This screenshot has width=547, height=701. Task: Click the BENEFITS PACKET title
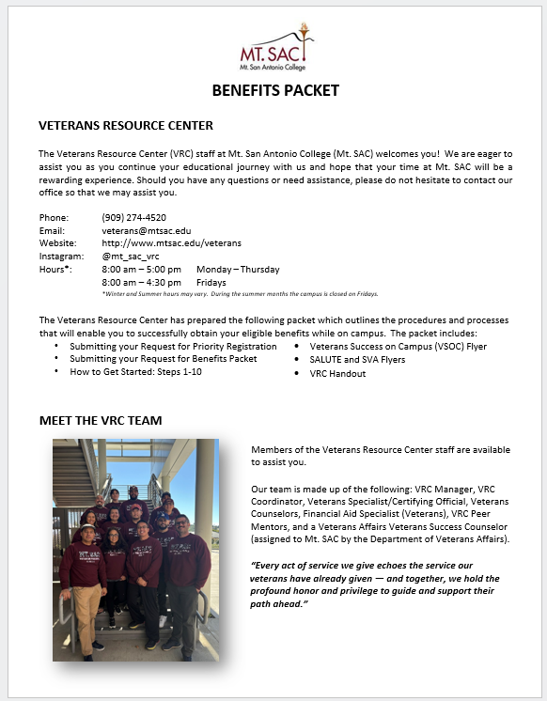tap(274, 91)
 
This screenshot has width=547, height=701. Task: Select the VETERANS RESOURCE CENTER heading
tap(126, 125)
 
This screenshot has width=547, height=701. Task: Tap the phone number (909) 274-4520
tap(133, 217)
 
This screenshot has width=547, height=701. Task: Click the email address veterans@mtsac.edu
tap(146, 230)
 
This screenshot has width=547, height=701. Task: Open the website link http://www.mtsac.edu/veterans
tap(171, 242)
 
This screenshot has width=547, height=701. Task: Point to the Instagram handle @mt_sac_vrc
tap(130, 256)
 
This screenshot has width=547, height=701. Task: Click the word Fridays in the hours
tap(211, 282)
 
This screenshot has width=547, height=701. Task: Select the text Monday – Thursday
tap(238, 269)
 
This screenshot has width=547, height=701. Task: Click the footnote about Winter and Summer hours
tap(240, 294)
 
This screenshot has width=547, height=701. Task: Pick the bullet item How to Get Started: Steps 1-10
tap(135, 372)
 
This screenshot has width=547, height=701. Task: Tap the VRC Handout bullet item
tap(337, 373)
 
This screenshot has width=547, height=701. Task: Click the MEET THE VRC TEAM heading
tap(101, 420)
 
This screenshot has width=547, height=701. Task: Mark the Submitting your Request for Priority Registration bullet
tap(173, 346)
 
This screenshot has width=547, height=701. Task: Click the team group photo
tap(135, 549)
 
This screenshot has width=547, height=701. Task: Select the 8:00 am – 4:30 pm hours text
tap(141, 282)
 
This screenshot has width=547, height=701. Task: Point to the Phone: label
tap(54, 217)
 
